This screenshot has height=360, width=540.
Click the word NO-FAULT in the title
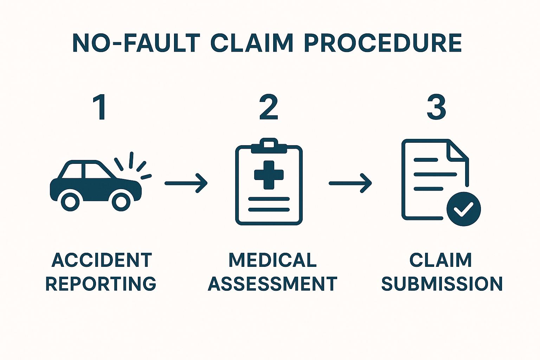pos(136,43)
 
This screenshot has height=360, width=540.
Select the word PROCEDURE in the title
pos(382,43)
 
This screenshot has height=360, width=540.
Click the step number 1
pos(100,108)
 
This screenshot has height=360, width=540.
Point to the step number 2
pos(269,108)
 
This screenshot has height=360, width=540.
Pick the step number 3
pos(436,108)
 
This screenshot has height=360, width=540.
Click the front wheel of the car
pos(121,201)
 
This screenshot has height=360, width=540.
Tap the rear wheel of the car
pos(70,201)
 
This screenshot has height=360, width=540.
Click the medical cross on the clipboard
pos(269,175)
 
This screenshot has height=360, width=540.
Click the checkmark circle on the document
pos(463,209)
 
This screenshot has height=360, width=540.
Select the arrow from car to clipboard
pos(186,183)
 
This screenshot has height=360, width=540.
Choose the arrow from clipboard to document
pos(350,183)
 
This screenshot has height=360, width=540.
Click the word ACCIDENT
pos(102,260)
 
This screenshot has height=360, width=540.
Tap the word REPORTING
pos(101,284)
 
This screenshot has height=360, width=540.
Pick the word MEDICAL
pos(272,260)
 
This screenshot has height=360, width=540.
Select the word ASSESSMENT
pos(272,284)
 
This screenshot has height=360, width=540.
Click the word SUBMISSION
pos(442,284)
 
